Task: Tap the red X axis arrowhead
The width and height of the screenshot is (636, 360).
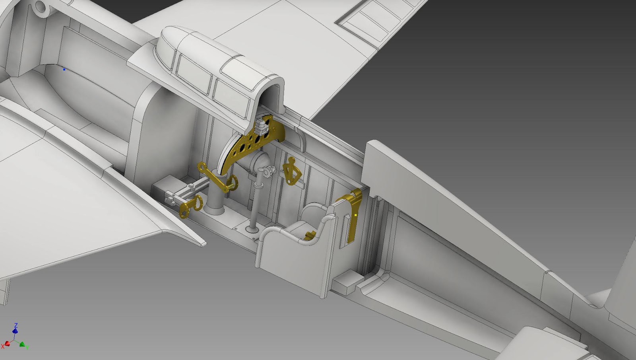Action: click(8, 344)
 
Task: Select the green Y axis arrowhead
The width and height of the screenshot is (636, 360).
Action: click(22, 344)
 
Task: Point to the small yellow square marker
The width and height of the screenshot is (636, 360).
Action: click(356, 215)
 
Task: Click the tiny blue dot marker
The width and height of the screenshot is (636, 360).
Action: click(64, 69)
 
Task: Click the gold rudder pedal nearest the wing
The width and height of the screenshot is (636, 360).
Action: click(191, 206)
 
